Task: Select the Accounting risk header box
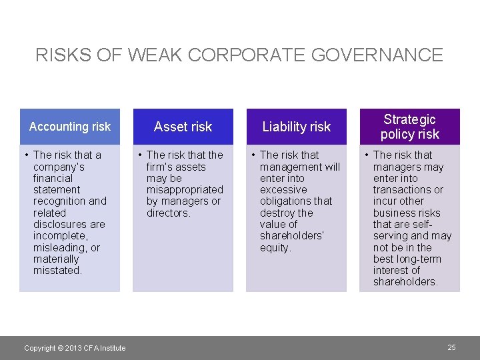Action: pos(70,127)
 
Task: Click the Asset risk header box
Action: pos(183,127)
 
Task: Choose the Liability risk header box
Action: pos(297,127)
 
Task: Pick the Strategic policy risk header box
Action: pos(410,127)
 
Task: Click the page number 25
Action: pos(451,347)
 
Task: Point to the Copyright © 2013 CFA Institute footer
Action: pos(75,348)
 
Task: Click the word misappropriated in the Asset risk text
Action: pos(185,190)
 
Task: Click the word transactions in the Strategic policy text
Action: pos(404,190)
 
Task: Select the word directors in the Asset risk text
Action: pos(167,213)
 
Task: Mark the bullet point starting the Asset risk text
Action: pos(139,155)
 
